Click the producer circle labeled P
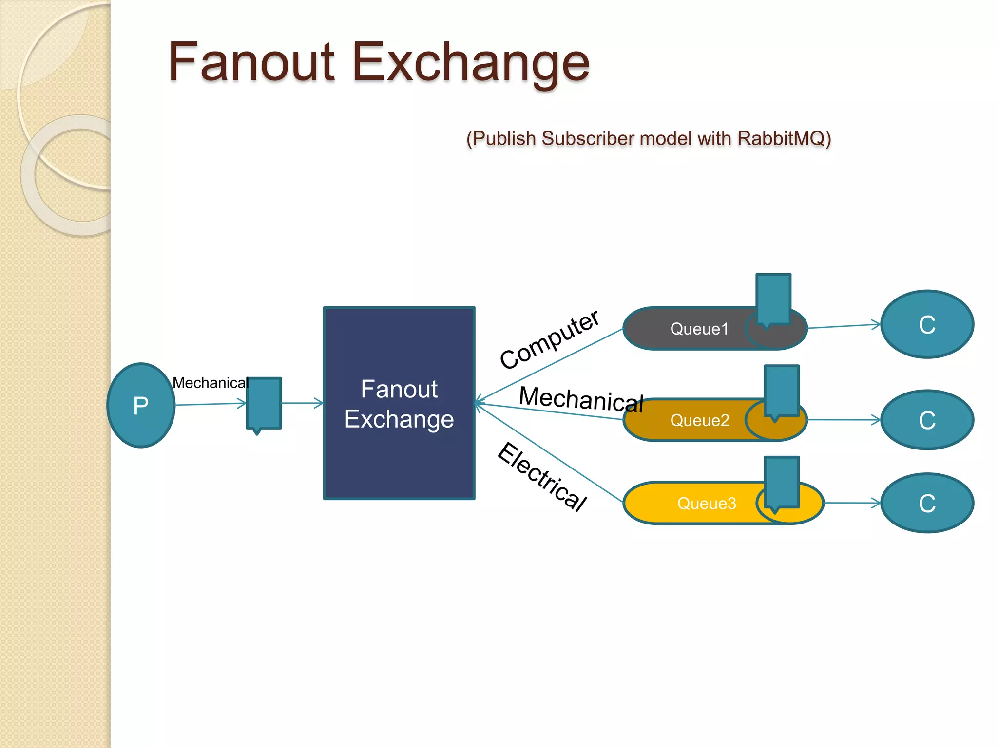(141, 405)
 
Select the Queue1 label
(699, 329)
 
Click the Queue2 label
(700, 420)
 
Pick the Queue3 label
(707, 504)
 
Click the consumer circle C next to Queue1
(927, 324)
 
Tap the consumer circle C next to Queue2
(927, 420)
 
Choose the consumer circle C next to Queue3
(927, 503)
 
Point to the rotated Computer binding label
(549, 339)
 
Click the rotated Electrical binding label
(542, 477)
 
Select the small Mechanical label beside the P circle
(210, 383)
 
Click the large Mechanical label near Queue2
(581, 399)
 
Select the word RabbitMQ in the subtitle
(784, 139)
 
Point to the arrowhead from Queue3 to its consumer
(876, 503)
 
